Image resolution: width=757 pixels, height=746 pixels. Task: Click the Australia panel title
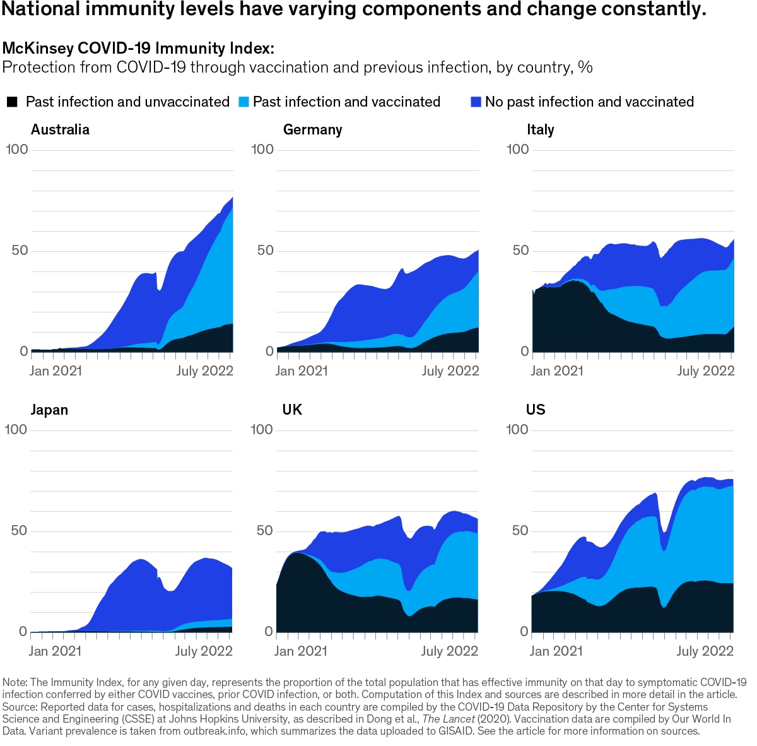point(60,129)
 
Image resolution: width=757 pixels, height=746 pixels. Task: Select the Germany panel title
point(312,129)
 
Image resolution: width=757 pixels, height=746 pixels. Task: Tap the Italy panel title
point(540,129)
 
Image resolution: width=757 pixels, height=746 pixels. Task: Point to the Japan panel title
point(49,410)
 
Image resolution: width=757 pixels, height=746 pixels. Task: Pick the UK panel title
point(292,410)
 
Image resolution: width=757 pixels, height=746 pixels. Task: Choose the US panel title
point(536,410)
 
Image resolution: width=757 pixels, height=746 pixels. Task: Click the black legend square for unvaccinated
point(12,102)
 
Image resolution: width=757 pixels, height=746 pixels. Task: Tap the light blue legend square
point(244,102)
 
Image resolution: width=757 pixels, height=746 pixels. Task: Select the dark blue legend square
point(476,102)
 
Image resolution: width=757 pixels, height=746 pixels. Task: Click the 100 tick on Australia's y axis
point(17,150)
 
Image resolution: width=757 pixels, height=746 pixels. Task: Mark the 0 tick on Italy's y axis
point(525,351)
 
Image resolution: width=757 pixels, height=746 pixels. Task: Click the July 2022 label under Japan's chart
point(204,651)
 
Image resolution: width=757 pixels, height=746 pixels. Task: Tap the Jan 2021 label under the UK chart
point(301,651)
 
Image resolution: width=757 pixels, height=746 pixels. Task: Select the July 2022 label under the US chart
point(705,651)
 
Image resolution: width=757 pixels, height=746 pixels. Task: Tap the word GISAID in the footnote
point(457,731)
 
